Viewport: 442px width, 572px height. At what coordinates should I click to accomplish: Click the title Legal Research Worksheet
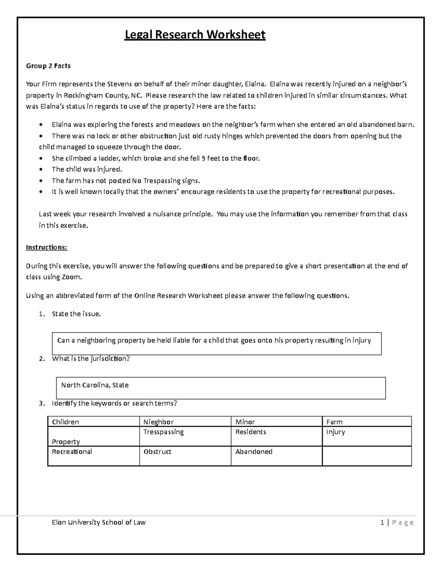195,35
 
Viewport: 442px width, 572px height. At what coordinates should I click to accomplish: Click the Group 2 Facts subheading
48,66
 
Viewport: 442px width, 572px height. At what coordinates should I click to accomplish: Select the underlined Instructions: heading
46,247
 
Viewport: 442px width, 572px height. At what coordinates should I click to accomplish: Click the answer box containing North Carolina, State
220,388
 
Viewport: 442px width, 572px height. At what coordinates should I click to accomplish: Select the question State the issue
76,314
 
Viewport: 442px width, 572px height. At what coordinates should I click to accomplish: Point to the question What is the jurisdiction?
91,358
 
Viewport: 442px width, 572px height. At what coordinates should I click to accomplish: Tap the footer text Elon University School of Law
99,522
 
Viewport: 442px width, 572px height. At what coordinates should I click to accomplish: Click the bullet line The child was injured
87,169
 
